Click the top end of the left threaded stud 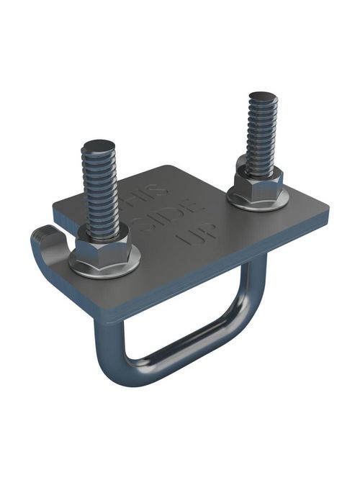(x=99, y=145)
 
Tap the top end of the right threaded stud (x=263, y=96)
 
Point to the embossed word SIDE (x=173, y=219)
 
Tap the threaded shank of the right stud (x=261, y=137)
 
